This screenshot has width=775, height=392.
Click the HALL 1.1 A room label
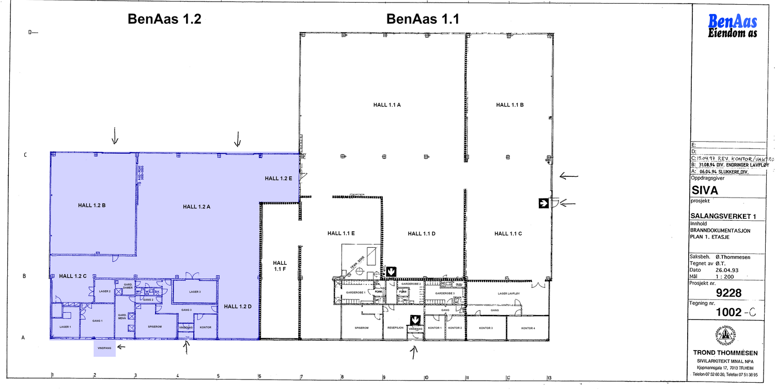(x=388, y=104)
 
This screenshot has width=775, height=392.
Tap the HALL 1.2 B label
(x=92, y=205)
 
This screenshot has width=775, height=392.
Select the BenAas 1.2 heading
(x=164, y=20)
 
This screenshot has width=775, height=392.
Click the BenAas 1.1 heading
(x=423, y=20)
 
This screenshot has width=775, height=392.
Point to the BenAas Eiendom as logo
(x=733, y=26)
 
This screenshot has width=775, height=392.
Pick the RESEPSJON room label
(x=395, y=328)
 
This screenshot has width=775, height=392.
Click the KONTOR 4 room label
(x=528, y=328)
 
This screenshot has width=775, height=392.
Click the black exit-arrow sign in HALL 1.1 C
(x=543, y=203)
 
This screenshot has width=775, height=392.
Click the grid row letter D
(x=30, y=32)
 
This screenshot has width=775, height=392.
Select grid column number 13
(x=550, y=378)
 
